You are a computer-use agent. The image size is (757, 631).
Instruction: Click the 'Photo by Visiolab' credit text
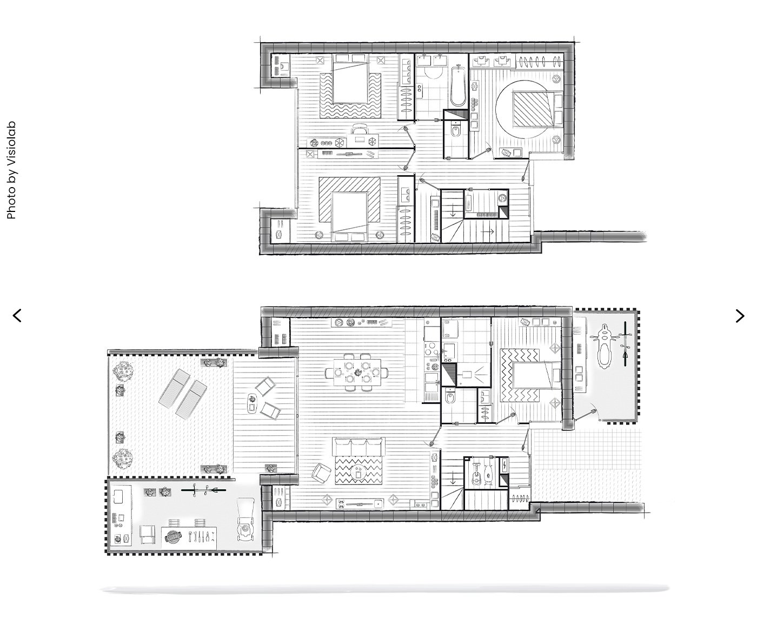click(x=11, y=170)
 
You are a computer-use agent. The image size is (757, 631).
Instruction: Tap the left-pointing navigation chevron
click(x=17, y=316)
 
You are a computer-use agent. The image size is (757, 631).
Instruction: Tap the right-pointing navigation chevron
click(x=740, y=316)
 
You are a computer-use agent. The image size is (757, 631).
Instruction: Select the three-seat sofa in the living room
click(x=358, y=447)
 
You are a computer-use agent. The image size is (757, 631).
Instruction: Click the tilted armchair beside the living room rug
click(x=321, y=473)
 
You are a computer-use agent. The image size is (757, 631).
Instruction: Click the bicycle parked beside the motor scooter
click(x=626, y=344)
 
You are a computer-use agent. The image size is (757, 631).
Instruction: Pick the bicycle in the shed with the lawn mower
click(x=203, y=491)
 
